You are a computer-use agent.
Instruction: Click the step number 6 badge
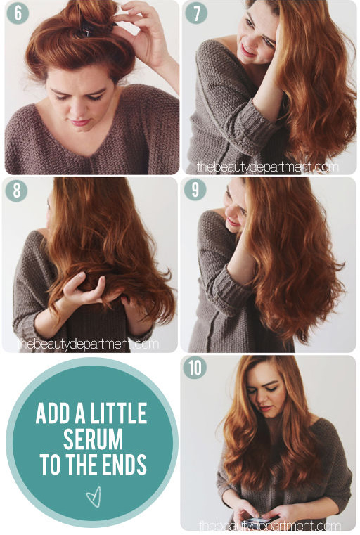(x=18, y=13)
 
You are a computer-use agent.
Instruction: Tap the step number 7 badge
(x=196, y=13)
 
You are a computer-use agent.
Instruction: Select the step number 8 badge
(x=16, y=190)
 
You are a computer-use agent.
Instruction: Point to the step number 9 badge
(x=195, y=189)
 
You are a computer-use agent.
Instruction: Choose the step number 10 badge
(x=195, y=368)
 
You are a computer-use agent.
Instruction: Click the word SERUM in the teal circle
(x=93, y=439)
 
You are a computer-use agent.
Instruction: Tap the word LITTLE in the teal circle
(x=119, y=413)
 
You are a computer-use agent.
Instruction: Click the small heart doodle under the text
(x=94, y=497)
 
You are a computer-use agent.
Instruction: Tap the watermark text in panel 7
(x=268, y=167)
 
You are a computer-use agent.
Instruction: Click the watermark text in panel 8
(x=88, y=344)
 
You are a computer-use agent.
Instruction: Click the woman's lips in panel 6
(x=79, y=122)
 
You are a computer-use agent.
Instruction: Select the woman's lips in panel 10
(x=266, y=408)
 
